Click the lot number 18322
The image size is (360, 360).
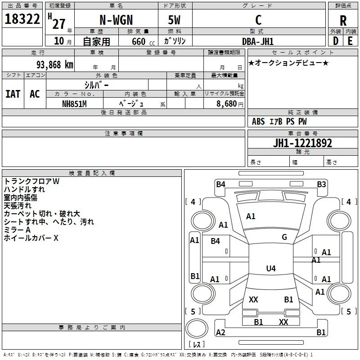pyautogui.click(x=22, y=19)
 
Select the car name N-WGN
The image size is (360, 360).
pyautogui.click(x=116, y=20)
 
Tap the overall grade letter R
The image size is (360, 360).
pyautogui.click(x=343, y=21)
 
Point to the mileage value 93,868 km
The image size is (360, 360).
pyautogui.click(x=54, y=65)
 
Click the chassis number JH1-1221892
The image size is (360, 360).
pyautogui.click(x=302, y=143)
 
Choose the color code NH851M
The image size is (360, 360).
pyautogui.click(x=74, y=104)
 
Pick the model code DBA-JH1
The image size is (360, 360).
pyautogui.click(x=258, y=41)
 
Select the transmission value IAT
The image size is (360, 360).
pyautogui.click(x=13, y=94)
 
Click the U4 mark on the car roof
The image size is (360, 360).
pyautogui.click(x=271, y=268)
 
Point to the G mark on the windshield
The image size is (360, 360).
pyautogui.click(x=284, y=237)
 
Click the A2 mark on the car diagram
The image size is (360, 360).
pyautogui.click(x=220, y=332)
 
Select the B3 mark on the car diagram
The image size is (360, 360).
pyautogui.click(x=321, y=184)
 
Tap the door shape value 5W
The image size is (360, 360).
pyautogui.click(x=174, y=20)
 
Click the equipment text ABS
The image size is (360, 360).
pyautogui.click(x=258, y=121)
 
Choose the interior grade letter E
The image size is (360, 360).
pyautogui.click(x=350, y=41)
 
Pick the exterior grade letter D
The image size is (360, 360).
pyautogui.click(x=336, y=41)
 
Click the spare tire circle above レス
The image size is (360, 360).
pyautogui.click(x=197, y=328)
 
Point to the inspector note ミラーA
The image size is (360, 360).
pyautogui.click(x=17, y=230)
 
